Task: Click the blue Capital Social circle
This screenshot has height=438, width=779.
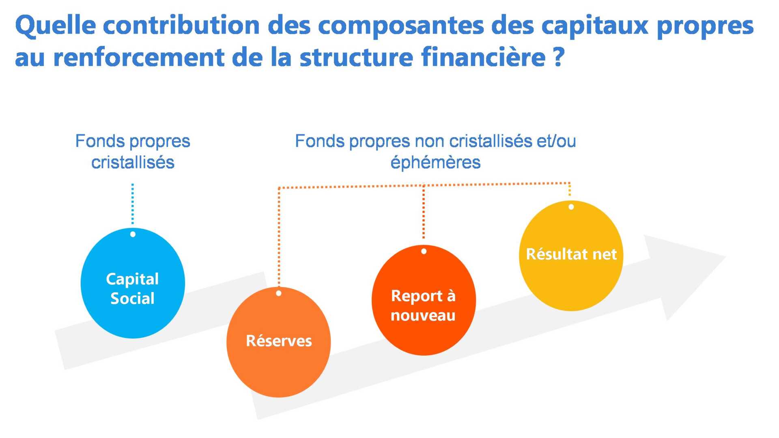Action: tap(133, 283)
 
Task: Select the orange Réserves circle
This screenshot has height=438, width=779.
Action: tap(279, 342)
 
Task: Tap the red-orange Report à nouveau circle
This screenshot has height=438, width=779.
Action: tap(424, 300)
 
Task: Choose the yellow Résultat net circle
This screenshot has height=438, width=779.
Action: tap(571, 255)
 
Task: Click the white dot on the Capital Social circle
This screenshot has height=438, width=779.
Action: tap(133, 234)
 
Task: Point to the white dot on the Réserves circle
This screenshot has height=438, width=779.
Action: tap(279, 293)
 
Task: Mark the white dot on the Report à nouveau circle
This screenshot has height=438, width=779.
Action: tap(424, 251)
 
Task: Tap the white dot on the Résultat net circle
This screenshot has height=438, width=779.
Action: tap(571, 207)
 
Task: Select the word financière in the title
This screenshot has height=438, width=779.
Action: tap(483, 57)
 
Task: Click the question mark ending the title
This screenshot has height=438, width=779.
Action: tap(559, 57)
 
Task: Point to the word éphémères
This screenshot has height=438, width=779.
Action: tap(435, 162)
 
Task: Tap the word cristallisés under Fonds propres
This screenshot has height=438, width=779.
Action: tap(133, 162)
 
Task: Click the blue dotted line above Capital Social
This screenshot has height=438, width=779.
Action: tap(133, 204)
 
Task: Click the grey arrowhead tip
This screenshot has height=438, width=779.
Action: tap(726, 256)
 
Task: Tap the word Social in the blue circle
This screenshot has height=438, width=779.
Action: tap(132, 298)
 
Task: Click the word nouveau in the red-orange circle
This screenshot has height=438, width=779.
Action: tap(423, 316)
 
